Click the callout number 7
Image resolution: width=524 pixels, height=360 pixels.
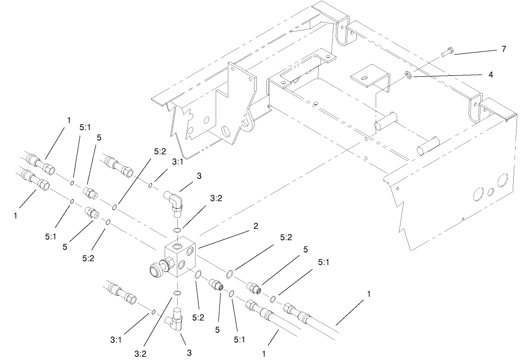coord(503,49)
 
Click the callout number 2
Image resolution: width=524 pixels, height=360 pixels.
coord(255,226)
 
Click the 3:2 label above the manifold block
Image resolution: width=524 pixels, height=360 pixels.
coord(216,198)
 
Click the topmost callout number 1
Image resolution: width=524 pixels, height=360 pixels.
coord(68,120)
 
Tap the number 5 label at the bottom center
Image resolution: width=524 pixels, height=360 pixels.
coord(218,330)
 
